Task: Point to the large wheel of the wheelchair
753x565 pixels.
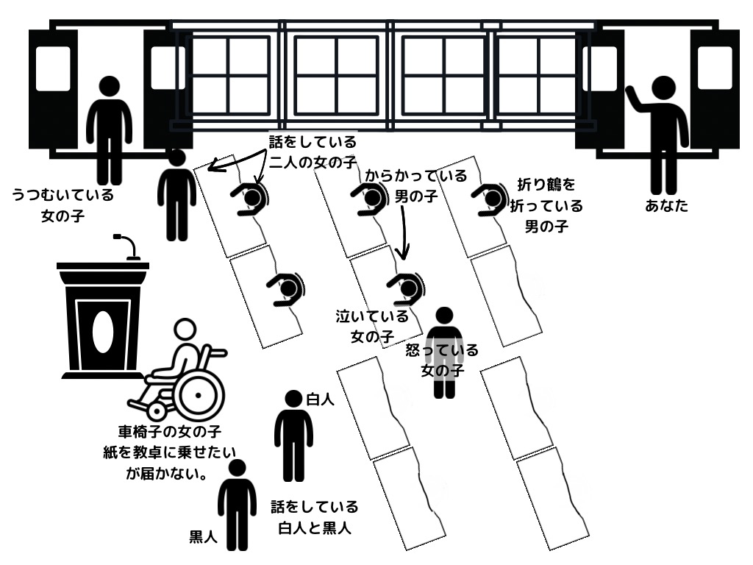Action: [x=197, y=397]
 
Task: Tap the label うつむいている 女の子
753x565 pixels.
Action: [x=63, y=206]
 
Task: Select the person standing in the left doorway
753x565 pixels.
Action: [x=110, y=129]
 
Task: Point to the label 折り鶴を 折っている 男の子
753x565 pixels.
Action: [x=546, y=205]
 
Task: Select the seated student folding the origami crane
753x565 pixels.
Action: [x=488, y=199]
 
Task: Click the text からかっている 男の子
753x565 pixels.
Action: [x=415, y=186]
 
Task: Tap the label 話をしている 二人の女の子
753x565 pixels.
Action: [x=313, y=152]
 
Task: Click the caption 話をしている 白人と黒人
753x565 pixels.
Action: [x=314, y=517]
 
